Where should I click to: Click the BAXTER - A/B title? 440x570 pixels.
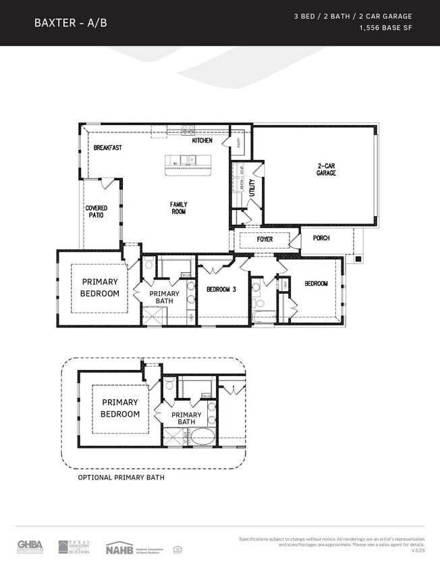[x=70, y=22]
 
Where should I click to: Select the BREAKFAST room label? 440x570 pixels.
[x=107, y=147]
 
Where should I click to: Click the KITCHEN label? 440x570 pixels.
[x=202, y=140]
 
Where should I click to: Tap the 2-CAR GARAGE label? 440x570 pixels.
[x=327, y=169]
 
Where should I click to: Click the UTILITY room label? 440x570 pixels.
[x=252, y=187]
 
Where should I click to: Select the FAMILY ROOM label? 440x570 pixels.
[x=178, y=208]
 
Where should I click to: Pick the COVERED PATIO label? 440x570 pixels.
[x=96, y=212]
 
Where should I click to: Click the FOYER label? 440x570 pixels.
[x=265, y=240]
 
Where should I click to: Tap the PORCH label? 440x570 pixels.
[x=321, y=238]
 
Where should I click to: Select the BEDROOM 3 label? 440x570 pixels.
[x=221, y=289]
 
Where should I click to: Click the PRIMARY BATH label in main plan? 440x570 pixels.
[x=164, y=297]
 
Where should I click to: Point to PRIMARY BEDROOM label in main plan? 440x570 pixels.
[x=99, y=288]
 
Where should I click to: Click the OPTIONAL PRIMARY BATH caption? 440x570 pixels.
[x=121, y=477]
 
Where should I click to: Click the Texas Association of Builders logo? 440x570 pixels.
[x=73, y=546]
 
